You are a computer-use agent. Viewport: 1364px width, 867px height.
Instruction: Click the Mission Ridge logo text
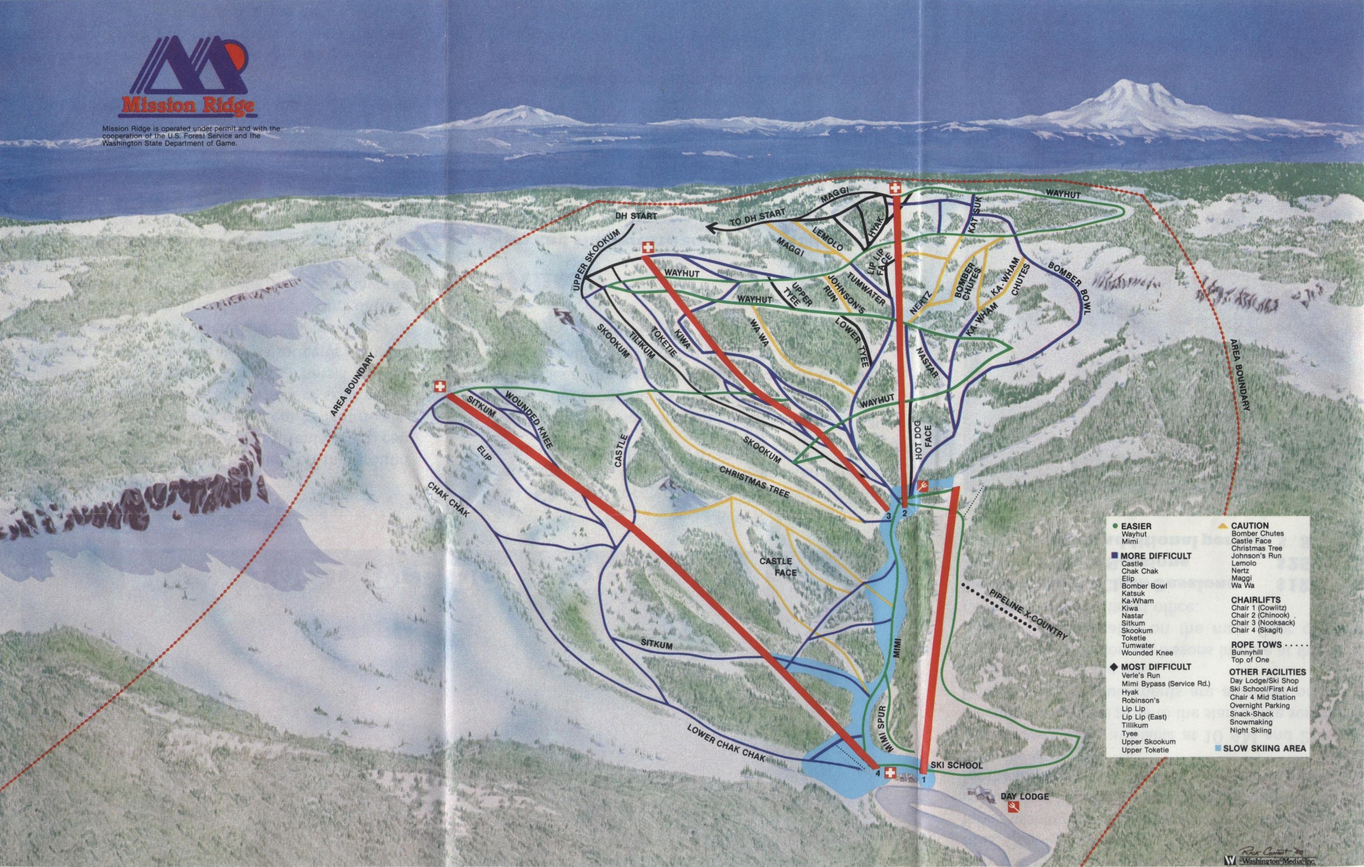click(x=187, y=106)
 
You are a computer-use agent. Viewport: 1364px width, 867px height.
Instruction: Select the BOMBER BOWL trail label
click(x=1069, y=297)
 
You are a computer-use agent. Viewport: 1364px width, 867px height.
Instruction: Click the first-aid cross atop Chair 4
click(x=440, y=387)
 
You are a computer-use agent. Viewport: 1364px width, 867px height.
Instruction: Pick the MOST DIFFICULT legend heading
click(x=1153, y=666)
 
